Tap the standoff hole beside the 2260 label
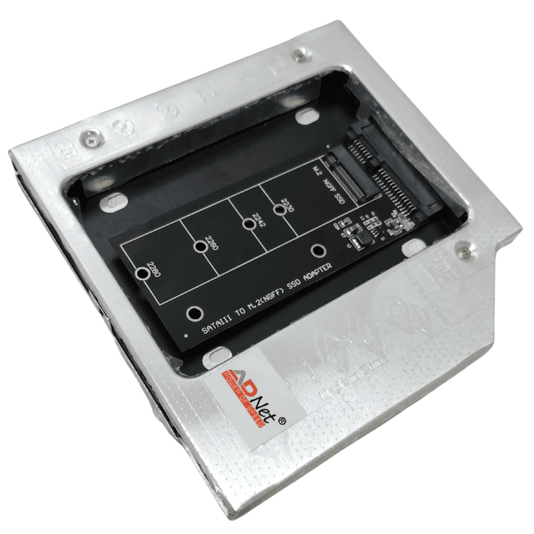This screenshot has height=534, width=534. (199, 248)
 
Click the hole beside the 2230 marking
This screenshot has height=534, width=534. (289, 210)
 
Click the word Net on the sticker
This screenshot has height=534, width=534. (271, 394)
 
